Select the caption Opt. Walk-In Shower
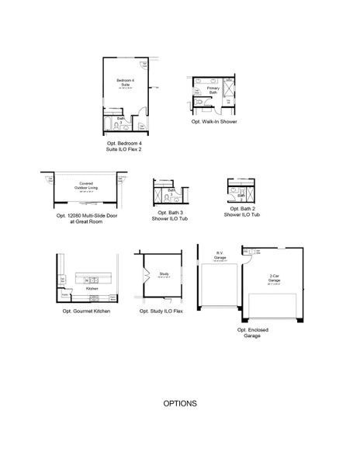(214, 122)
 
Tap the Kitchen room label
(92, 287)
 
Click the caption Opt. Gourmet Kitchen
(86, 311)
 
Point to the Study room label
(164, 274)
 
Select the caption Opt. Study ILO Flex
(161, 311)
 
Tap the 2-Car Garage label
(275, 278)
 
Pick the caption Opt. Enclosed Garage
(253, 332)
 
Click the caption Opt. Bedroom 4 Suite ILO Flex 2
(125, 148)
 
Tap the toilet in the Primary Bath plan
(199, 101)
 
